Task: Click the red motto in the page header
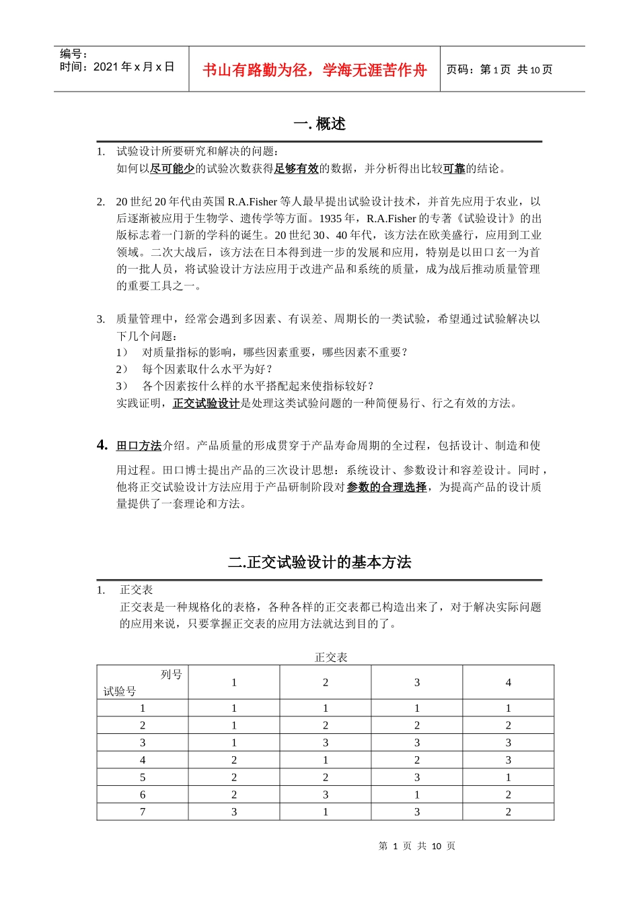pos(314,70)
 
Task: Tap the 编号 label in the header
pos(73,54)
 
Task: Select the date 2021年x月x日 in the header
pos(133,67)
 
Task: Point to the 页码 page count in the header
pos(499,70)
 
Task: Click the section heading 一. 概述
pos(319,124)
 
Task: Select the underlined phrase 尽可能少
pos(172,168)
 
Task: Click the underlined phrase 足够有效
pos(296,168)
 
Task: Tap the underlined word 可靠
pos(454,168)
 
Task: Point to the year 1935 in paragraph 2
pos(330,218)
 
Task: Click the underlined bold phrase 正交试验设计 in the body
pos(206,403)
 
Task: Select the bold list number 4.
pos(102,445)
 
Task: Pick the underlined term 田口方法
pos(139,446)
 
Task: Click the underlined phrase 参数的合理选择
pos(386,487)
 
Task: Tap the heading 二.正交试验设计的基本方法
pos(319,562)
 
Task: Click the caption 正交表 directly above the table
pos(331,657)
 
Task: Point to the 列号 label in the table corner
pos(171,674)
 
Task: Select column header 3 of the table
pos(417,683)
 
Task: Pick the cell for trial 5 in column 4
pos(509,777)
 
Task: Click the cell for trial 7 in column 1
pos(234,812)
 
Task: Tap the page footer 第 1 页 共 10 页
pos(417,846)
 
